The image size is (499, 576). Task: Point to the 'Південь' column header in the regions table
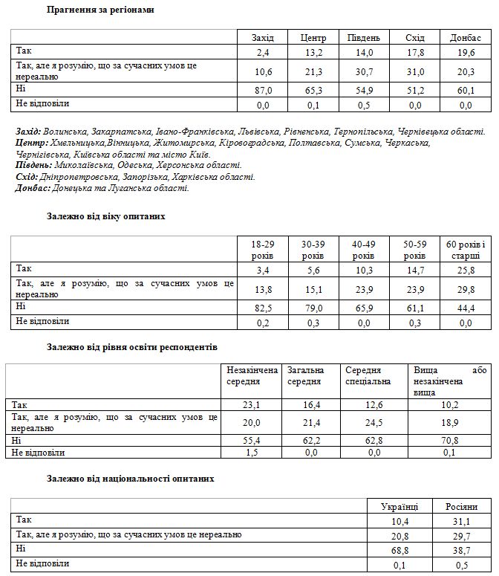(x=364, y=37)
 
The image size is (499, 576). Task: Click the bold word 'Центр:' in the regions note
(x=32, y=143)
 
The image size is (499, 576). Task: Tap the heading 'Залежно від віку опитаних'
(x=105, y=216)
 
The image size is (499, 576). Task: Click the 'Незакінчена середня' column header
(x=252, y=375)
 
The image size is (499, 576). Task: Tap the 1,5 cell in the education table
(x=252, y=452)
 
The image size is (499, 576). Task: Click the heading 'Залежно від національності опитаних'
(x=130, y=479)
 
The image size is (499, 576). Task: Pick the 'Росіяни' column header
(x=461, y=506)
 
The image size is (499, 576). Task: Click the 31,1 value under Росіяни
(x=461, y=520)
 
